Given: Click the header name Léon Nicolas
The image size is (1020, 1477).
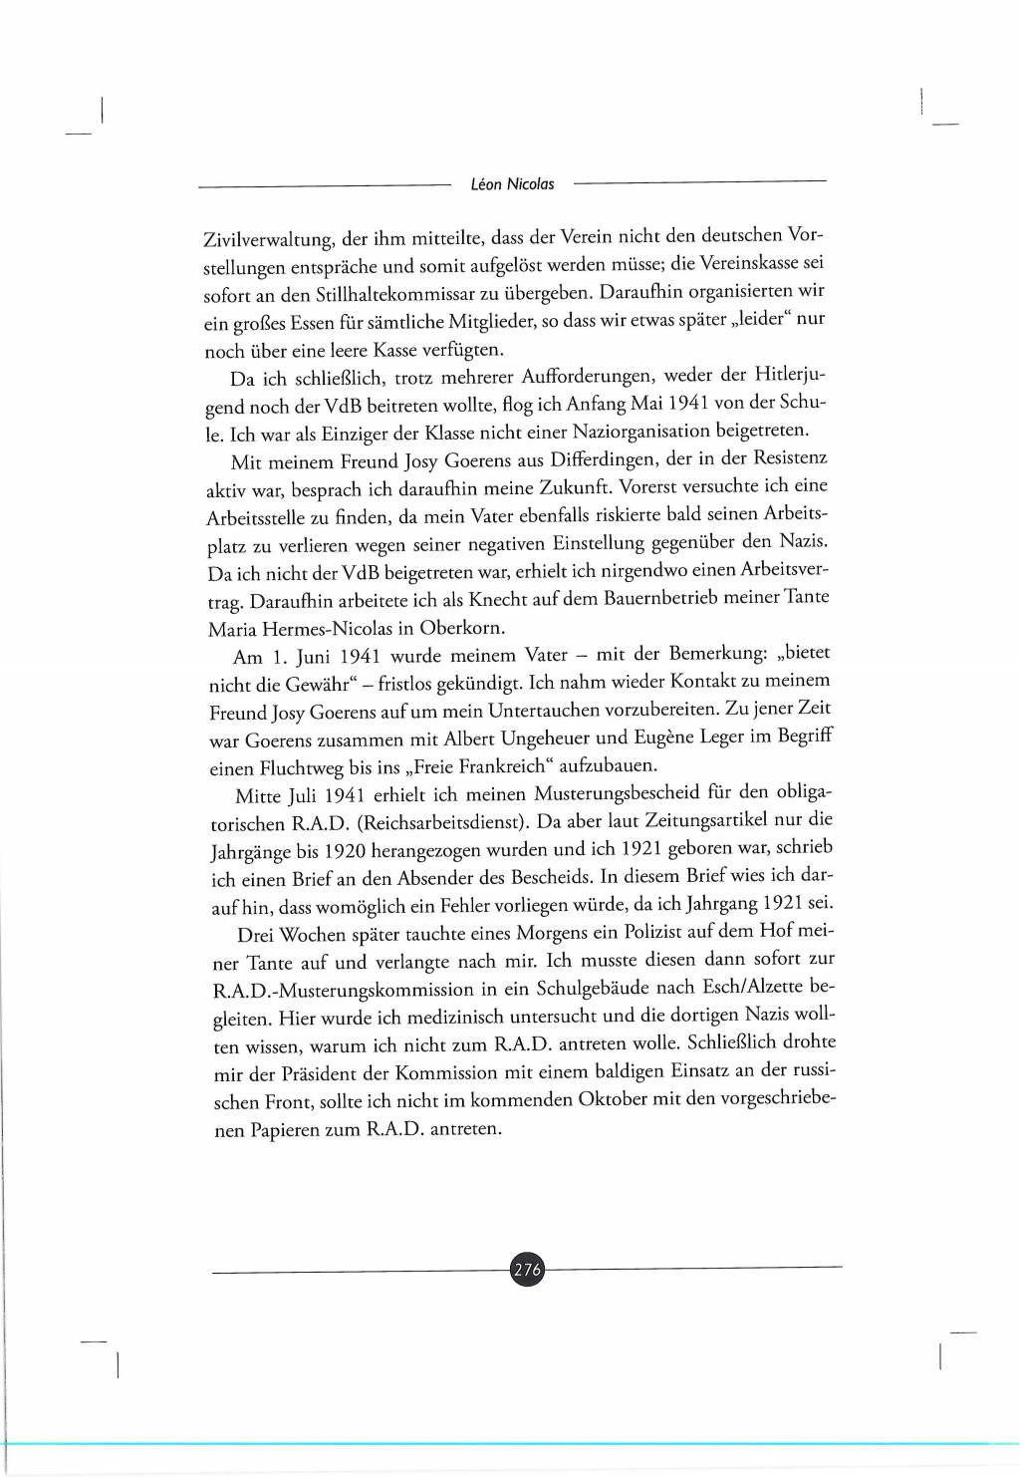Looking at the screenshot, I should pyautogui.click(x=512, y=184).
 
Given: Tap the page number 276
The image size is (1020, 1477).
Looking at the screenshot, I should pyautogui.click(x=527, y=1270).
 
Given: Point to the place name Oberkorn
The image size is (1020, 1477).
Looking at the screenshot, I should pyautogui.click(x=462, y=628).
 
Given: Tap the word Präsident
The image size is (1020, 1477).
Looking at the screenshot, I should pyautogui.click(x=345, y=1073).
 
